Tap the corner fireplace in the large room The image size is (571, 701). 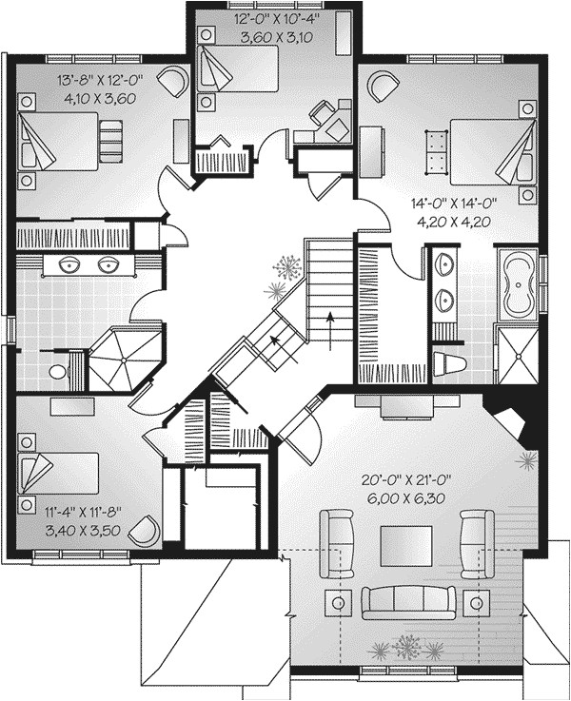click(508, 420)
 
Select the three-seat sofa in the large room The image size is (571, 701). click(406, 601)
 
